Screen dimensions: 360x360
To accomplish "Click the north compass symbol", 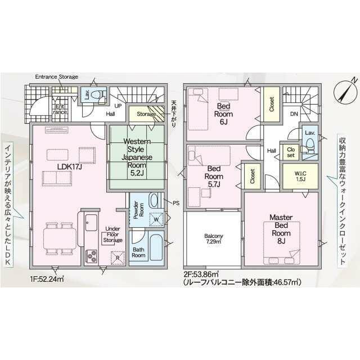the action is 345,91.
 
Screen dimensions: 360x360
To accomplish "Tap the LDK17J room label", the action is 70,166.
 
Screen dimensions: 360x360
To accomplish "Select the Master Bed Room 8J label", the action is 281,229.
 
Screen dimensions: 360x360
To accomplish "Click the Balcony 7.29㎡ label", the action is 214,238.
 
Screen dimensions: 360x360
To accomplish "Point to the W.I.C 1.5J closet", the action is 300,176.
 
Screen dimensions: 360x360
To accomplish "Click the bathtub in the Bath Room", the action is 156,247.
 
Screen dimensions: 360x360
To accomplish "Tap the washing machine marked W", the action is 156,219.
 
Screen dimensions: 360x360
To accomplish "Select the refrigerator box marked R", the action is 118,258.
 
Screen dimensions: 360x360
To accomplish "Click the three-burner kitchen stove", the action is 92,256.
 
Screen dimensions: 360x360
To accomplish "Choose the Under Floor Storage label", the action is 112,235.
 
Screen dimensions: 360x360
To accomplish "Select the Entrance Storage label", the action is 56,76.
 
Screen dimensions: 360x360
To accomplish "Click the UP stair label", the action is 118,106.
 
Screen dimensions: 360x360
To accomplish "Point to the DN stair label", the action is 294,114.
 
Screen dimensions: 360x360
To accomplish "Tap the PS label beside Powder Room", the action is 176,203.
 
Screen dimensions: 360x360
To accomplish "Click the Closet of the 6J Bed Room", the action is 271,104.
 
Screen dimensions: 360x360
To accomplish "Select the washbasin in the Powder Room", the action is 154,200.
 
